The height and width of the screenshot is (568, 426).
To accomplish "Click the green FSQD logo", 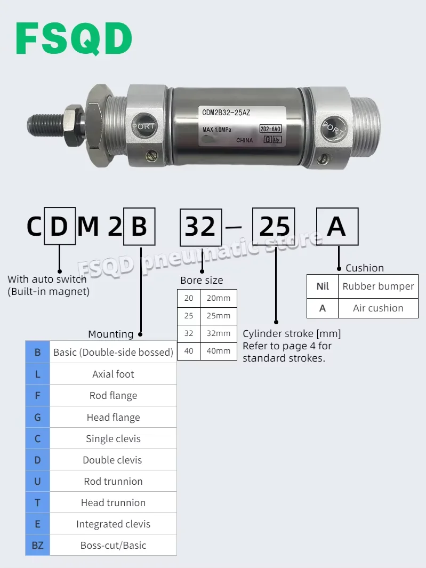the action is (74, 38).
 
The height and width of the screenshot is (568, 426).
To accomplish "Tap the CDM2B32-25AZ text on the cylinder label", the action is (226, 113).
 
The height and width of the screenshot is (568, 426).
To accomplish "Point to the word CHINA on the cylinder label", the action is (245, 140).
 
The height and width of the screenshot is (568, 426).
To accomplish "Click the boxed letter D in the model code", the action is (60, 226).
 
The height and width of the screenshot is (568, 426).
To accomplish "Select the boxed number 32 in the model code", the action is (200, 227).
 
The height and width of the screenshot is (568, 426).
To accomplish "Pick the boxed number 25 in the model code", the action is (274, 227).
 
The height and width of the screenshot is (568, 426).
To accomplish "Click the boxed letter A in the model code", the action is (337, 227).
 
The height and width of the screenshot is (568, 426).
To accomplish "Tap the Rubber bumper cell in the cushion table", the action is (378, 286).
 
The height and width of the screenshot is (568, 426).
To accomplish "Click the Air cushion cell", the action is (378, 308).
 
